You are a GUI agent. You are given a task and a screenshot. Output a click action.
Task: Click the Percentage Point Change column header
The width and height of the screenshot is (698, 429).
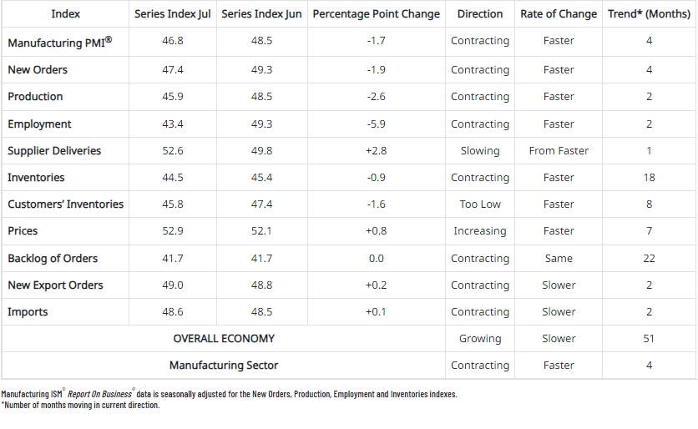tap(376, 14)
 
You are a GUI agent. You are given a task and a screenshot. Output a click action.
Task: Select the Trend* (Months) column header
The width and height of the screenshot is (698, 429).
tap(649, 14)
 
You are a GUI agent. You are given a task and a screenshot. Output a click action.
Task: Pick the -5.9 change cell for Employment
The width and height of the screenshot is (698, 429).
tap(376, 124)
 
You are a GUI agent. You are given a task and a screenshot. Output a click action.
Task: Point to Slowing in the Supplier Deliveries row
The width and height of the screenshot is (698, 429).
tap(479, 151)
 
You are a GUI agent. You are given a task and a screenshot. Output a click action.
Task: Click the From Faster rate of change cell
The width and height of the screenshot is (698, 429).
tap(559, 151)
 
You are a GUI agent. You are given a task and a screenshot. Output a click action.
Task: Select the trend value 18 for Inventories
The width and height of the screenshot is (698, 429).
tap(649, 178)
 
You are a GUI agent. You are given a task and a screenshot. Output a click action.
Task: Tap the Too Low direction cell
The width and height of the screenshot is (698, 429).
tap(479, 204)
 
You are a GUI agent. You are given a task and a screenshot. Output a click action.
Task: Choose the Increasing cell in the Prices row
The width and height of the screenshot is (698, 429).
tap(479, 231)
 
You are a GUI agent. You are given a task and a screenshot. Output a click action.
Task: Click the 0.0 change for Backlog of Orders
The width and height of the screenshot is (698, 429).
tap(376, 259)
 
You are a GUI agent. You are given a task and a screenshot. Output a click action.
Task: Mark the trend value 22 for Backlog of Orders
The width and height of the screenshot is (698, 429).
tap(649, 259)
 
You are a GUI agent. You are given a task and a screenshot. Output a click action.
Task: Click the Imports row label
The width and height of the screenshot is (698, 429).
tap(28, 312)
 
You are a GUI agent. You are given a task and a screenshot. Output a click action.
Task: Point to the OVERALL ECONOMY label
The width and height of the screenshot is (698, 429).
tap(224, 339)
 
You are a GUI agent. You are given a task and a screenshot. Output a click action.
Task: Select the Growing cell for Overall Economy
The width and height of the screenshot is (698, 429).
tap(479, 339)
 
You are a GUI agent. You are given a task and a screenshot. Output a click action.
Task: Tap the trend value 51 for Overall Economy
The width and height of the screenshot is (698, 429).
tap(649, 339)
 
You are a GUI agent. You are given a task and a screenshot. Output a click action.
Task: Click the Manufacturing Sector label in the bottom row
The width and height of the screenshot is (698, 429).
tap(224, 366)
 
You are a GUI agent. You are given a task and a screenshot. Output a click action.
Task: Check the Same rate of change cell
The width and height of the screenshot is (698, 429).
tap(559, 259)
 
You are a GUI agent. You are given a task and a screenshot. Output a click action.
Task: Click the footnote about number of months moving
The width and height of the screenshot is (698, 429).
tap(80, 405)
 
